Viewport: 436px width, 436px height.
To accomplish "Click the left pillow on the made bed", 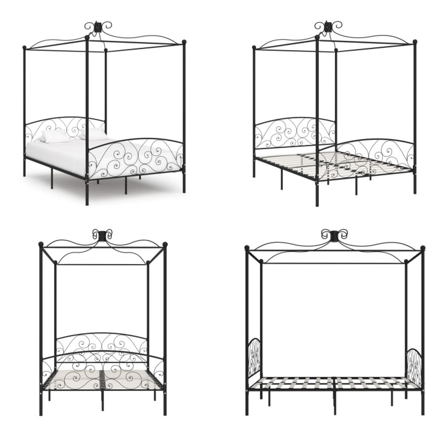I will point(55,136).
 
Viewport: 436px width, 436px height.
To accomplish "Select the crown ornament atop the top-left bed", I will point(98,26).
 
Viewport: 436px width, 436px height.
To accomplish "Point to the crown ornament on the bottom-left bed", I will point(103,235).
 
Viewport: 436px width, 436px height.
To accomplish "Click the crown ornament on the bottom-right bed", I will point(334,235).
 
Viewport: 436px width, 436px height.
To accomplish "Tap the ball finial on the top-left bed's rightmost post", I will point(184,42).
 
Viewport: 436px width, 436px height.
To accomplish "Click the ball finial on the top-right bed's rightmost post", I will point(415,42).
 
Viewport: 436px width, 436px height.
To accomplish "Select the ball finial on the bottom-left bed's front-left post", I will point(41,244).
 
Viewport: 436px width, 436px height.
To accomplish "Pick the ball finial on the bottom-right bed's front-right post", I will point(423,248).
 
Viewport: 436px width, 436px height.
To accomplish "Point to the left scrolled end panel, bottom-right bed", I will point(254,357).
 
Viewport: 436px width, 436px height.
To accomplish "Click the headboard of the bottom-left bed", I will point(102,343).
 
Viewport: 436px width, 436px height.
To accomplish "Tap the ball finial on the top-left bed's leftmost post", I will point(24,48).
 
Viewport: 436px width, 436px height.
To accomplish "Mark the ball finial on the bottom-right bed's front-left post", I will point(247,247).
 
